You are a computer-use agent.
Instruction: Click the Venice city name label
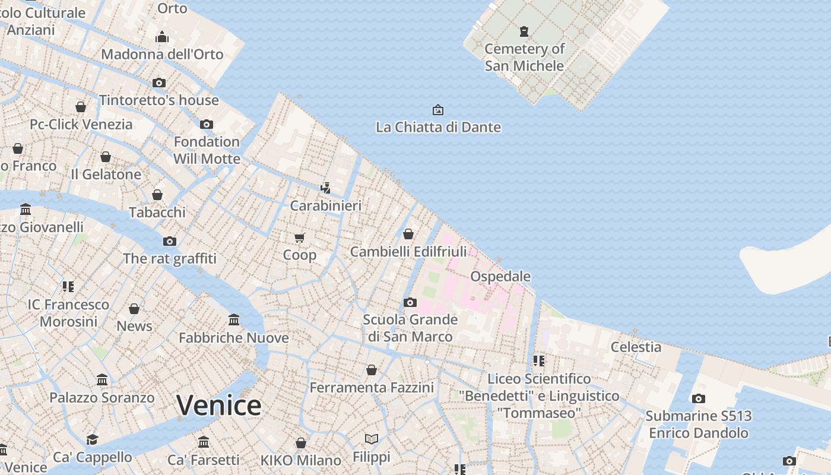(218, 406)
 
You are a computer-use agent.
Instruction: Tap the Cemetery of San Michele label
(524, 57)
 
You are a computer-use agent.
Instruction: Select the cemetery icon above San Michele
(524, 31)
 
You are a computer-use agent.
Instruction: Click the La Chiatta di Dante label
(438, 127)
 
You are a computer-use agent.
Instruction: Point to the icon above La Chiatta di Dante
(438, 110)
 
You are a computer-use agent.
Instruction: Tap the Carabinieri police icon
(325, 188)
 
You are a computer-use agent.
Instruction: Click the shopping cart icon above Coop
(299, 237)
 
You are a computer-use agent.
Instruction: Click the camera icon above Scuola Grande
(410, 302)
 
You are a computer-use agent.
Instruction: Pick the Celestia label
(636, 347)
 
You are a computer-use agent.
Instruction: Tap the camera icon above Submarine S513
(698, 398)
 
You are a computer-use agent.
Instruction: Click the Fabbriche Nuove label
(234, 338)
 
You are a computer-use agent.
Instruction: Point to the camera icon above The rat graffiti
(170, 241)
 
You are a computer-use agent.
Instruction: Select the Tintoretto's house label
(159, 100)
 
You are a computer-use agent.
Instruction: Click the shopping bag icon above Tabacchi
(157, 195)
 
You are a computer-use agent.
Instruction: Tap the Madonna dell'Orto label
(162, 54)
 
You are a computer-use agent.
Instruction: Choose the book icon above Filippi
(372, 439)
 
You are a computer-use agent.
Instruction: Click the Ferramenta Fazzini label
(372, 388)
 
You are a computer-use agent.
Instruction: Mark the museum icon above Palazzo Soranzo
(102, 380)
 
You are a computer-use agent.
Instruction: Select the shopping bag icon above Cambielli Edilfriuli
(408, 234)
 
